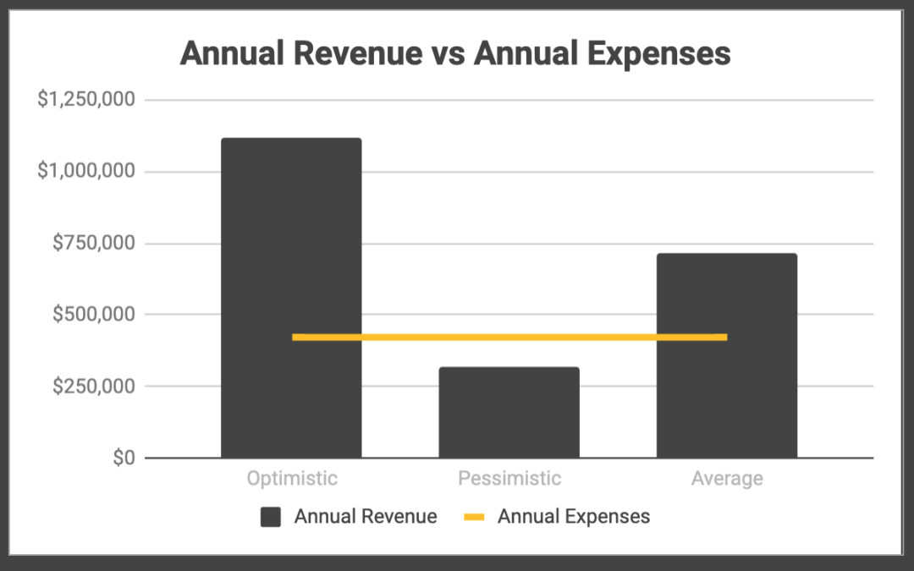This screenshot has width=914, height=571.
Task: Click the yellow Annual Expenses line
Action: coord(509,338)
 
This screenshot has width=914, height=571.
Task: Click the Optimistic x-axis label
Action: coord(292,479)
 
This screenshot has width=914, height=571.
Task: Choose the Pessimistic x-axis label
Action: coord(509,479)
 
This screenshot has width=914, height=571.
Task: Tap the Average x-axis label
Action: coord(727,479)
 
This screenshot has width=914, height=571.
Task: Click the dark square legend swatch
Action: coord(271,517)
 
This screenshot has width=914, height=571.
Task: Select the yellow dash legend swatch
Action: coord(474,517)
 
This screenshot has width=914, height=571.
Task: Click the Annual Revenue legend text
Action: coord(366,517)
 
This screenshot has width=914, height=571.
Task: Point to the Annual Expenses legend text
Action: coord(574,517)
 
